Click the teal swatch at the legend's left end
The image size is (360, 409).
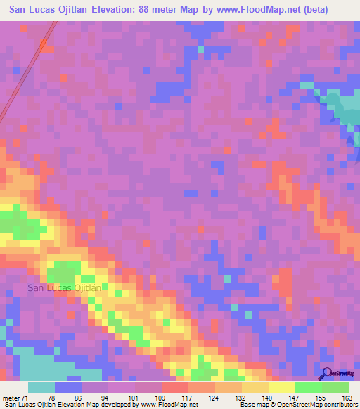tap(41, 387)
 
